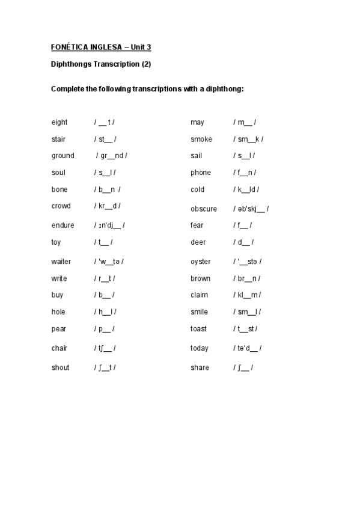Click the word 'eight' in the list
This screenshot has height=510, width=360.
pyautogui.click(x=59, y=122)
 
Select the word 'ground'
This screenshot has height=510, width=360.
pyautogui.click(x=63, y=156)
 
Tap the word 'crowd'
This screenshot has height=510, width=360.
pyautogui.click(x=61, y=206)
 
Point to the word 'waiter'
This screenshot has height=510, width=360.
pyautogui.click(x=61, y=262)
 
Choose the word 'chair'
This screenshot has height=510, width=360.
pyautogui.click(x=59, y=348)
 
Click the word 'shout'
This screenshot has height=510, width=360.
pyautogui.click(x=61, y=367)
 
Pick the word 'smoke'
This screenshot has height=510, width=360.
pyautogui.click(x=201, y=139)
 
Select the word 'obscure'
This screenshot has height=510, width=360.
pyautogui.click(x=204, y=209)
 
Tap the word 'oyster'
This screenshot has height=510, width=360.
pyautogui.click(x=201, y=262)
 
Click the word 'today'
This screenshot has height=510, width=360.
pyautogui.click(x=200, y=348)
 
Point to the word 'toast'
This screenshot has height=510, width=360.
pyautogui.click(x=199, y=329)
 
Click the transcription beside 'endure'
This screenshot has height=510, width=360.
pyautogui.click(x=109, y=226)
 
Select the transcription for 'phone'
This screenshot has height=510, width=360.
pyautogui.click(x=244, y=173)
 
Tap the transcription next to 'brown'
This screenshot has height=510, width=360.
pyautogui.click(x=247, y=278)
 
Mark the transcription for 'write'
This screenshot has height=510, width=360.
pyautogui.click(x=105, y=278)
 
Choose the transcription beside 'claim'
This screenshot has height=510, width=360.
pyautogui.click(x=247, y=295)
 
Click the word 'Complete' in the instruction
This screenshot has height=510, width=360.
pyautogui.click(x=67, y=88)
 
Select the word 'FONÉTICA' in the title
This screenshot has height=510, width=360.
pyautogui.click(x=71, y=47)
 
